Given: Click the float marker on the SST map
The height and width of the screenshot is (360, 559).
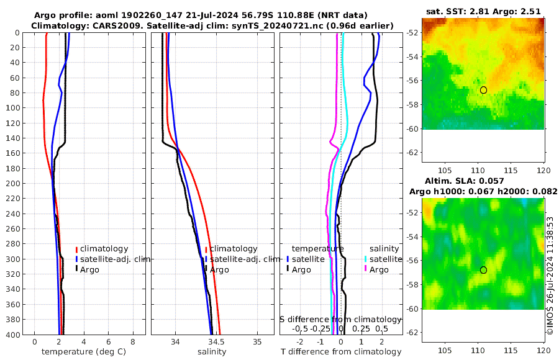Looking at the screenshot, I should tap(483, 90).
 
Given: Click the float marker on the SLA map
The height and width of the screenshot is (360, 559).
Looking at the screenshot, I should tap(483, 270).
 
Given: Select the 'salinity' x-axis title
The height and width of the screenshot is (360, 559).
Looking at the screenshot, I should tap(212, 352).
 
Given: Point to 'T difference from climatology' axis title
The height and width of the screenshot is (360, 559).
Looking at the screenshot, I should tap(341, 352).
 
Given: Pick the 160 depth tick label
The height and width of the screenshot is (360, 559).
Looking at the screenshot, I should tap(13, 153).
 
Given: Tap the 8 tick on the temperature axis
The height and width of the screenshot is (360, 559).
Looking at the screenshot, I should tap(132, 341).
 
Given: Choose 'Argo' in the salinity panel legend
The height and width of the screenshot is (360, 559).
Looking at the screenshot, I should tap(219, 269).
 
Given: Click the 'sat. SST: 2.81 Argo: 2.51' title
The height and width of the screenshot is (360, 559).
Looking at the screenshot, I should tap(483, 11).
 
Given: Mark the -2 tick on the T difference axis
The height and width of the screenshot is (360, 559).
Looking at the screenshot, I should tap(301, 341).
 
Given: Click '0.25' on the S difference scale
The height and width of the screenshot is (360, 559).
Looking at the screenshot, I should tap(361, 328).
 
